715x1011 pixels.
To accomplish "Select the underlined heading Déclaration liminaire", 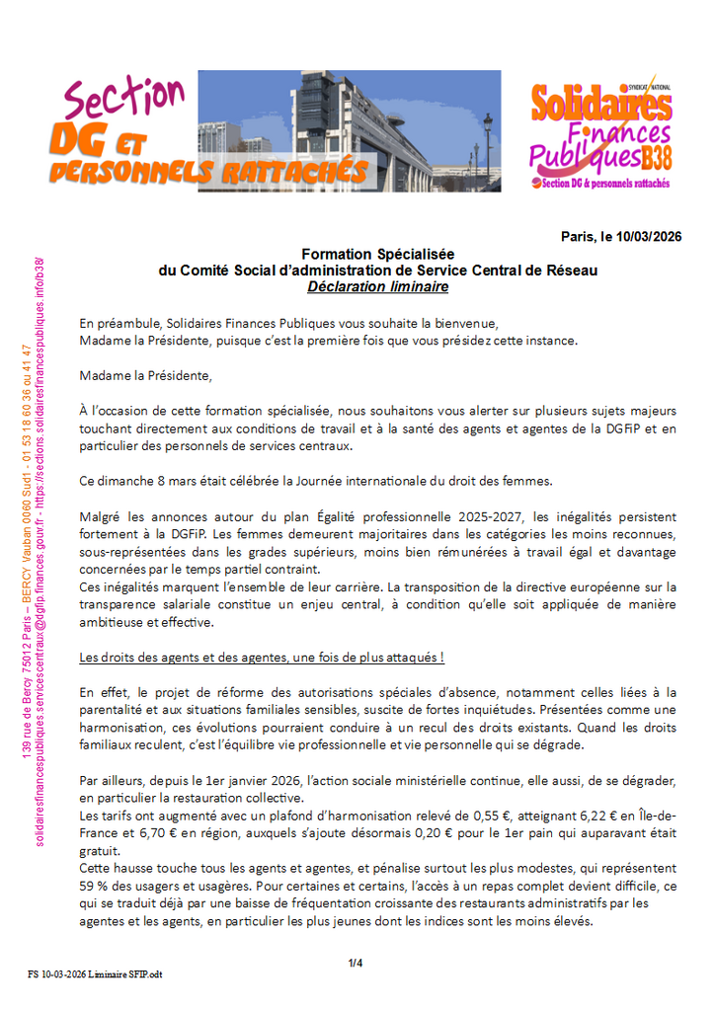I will tap(377, 287).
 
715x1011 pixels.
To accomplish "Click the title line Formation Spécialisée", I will tap(378, 254).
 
